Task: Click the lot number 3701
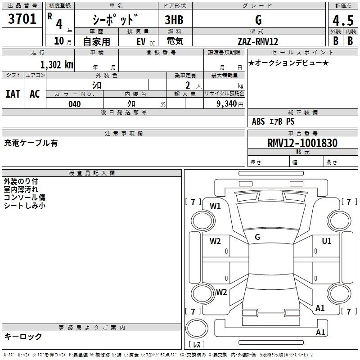pos(22,19)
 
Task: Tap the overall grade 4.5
pos(343,20)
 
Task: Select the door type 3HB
pos(174,20)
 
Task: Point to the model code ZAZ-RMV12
pos(258,41)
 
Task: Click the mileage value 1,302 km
pos(57,65)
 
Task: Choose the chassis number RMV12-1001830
pos(302,143)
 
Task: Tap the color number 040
pos(75,104)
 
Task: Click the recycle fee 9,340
pos(227,103)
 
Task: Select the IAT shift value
pos(13,94)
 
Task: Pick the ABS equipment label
pos(258,121)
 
